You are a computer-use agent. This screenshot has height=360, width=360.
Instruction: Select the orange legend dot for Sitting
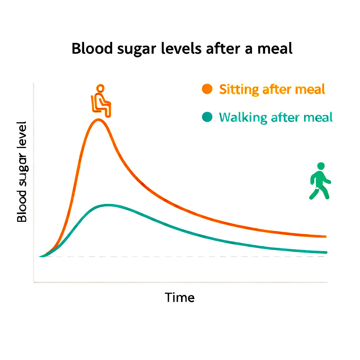click(207, 89)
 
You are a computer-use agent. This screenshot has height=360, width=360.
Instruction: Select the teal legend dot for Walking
click(207, 117)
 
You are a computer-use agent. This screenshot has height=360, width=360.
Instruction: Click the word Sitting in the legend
click(234, 89)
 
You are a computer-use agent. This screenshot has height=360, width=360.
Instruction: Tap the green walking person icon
click(320, 181)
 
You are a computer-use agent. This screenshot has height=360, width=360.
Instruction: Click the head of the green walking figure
click(321, 166)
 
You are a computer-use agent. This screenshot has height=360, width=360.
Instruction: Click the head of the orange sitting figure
click(101, 89)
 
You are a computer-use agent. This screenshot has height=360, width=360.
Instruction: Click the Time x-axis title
click(180, 298)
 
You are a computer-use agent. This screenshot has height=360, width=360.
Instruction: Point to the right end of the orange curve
click(326, 237)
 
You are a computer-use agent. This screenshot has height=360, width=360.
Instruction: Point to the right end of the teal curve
click(326, 252)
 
